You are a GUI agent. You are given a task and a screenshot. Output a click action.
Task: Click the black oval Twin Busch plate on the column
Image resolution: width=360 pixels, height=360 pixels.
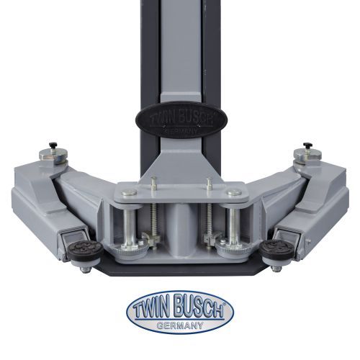181,120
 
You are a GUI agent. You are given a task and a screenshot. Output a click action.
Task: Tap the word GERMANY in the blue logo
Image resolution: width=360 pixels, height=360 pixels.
180,325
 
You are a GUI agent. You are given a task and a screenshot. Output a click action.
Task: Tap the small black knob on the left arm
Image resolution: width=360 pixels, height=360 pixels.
53,145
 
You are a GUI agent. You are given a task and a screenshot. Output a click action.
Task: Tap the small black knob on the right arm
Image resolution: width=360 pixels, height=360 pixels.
307,145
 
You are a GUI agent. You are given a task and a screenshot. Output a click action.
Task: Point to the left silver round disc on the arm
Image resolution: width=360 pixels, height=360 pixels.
52,156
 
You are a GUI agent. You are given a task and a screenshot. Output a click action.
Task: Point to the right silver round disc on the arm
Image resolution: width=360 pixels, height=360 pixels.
307,156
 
